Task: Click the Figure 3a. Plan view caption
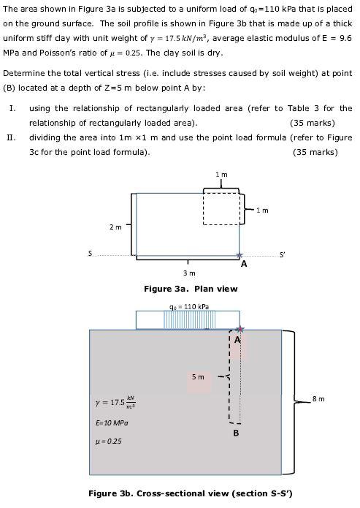tap(190, 289)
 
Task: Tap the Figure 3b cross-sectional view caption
tap(190, 493)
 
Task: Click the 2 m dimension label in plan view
tap(115, 227)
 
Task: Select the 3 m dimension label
tap(188, 273)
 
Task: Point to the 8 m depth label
tap(318, 398)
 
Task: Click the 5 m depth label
tap(198, 377)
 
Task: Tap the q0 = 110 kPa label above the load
tap(188, 306)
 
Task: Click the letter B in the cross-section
tap(235, 433)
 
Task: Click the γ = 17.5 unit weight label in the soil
tap(115, 402)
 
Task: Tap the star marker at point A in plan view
tap(239, 256)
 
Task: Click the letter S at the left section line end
tap(90, 253)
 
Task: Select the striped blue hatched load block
tap(186, 320)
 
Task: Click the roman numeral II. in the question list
tap(11, 137)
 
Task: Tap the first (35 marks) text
tap(312, 123)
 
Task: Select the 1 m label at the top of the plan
tap(221, 175)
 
